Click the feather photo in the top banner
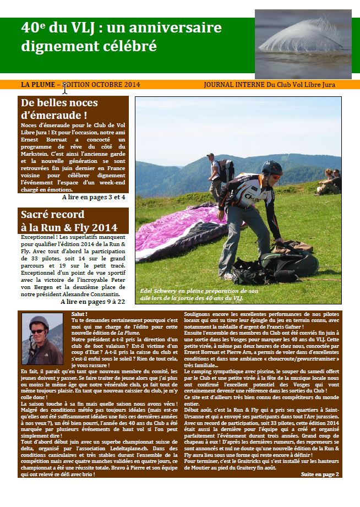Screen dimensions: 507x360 tap(303, 44)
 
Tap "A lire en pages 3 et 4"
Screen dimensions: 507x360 tap(94, 197)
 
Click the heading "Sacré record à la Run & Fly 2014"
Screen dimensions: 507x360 tap(68, 221)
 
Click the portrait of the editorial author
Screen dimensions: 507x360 tap(42, 339)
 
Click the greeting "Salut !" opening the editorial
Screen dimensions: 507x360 tap(79, 314)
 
